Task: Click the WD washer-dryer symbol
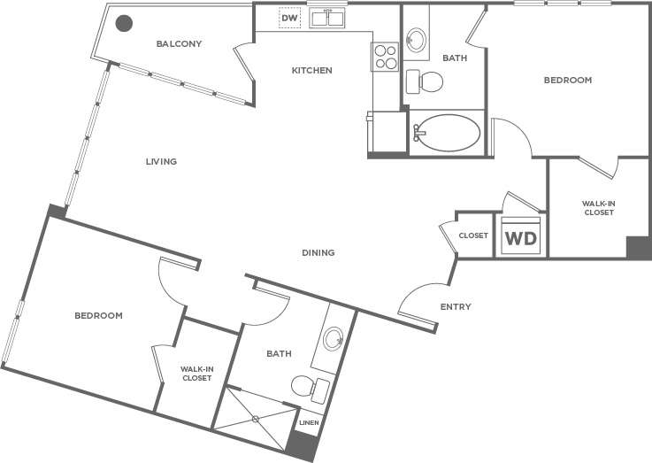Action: point(520,236)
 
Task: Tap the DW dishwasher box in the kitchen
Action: point(289,17)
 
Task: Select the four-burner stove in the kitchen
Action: point(386,57)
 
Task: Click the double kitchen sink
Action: point(326,17)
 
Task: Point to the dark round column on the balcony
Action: point(125,24)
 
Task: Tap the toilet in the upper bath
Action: point(426,81)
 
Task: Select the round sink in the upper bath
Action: point(416,40)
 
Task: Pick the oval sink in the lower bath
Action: point(334,338)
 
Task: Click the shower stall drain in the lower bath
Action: point(255,418)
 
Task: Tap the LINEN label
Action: point(309,422)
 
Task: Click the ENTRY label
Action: point(456,307)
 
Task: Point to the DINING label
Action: point(318,253)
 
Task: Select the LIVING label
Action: point(162,162)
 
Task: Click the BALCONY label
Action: point(179,43)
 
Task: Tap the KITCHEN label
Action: point(312,70)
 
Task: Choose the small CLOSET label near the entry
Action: point(474,235)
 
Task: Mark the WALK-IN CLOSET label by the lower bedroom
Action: point(196,374)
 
